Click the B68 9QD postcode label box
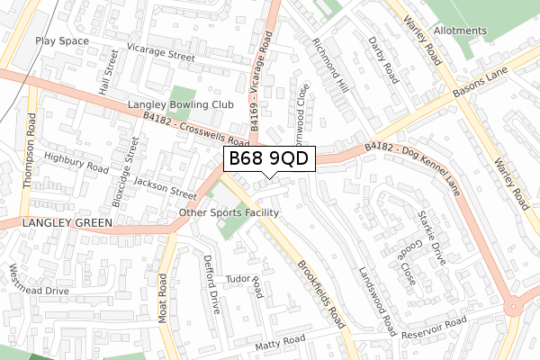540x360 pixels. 269,158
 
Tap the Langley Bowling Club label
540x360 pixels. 181,105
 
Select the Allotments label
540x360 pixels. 460,31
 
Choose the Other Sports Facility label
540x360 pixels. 229,212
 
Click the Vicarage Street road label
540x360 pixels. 161,56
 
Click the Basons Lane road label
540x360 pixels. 482,83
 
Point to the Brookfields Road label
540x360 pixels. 322,293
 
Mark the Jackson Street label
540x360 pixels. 165,187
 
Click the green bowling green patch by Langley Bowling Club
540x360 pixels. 183,94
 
